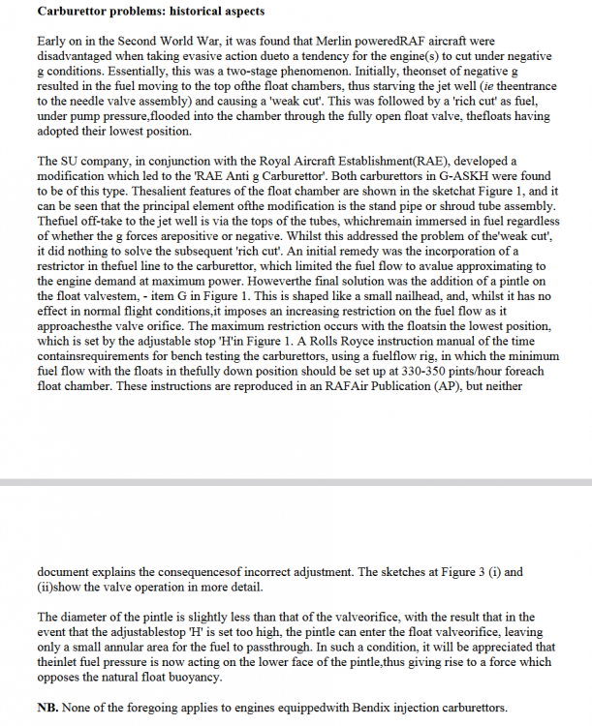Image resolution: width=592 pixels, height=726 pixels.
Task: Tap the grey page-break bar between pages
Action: (296, 481)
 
